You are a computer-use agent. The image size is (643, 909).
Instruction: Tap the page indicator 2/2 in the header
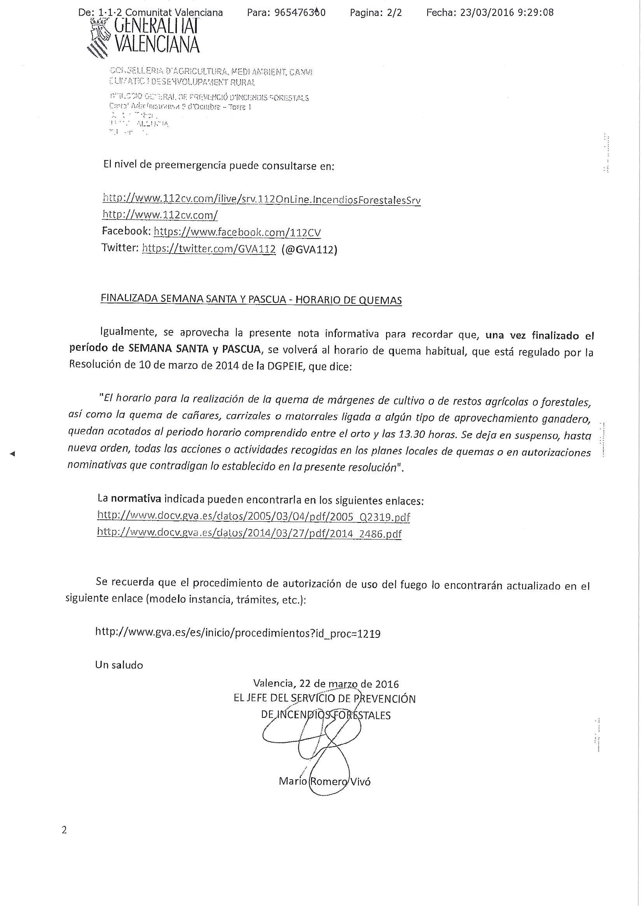click(395, 13)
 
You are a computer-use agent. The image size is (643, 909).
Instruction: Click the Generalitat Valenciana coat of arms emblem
click(99, 38)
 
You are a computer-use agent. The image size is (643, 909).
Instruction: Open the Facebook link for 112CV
click(237, 232)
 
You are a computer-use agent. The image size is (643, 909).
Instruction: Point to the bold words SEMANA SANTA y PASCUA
click(194, 349)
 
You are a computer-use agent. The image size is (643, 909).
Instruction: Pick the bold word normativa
click(136, 498)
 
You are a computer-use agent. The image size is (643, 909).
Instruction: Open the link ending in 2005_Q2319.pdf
click(253, 517)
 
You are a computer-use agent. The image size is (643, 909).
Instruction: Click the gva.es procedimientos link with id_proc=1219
click(238, 634)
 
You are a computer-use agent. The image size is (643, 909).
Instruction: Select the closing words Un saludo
click(119, 665)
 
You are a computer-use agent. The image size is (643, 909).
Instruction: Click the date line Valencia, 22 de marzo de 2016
click(326, 684)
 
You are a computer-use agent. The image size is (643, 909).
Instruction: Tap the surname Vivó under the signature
click(360, 781)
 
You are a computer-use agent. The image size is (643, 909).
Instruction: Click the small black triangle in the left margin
click(12, 454)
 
